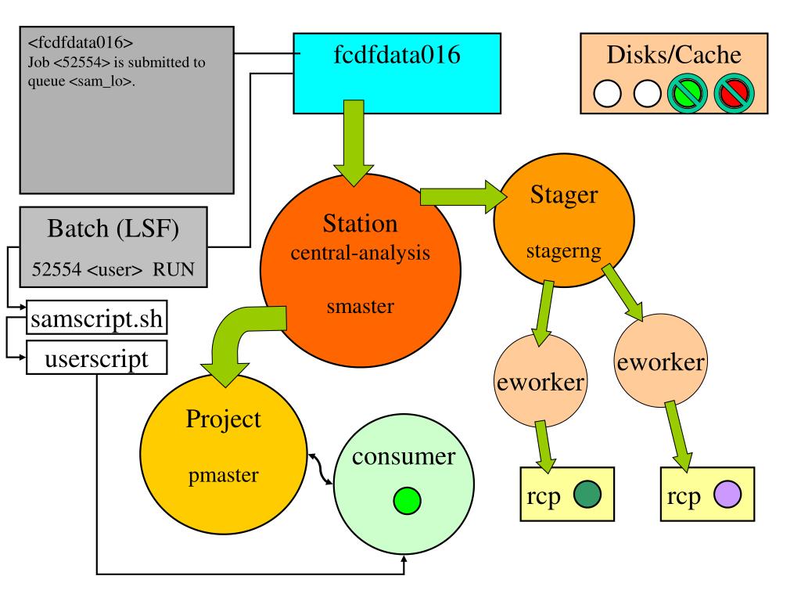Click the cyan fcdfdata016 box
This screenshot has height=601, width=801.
point(397,73)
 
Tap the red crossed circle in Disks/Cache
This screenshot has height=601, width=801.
point(734,94)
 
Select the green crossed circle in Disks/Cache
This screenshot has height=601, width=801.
point(688,94)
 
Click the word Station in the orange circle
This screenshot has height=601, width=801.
point(360,223)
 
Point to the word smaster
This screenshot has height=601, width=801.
point(360,306)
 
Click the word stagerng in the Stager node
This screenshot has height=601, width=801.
point(563,251)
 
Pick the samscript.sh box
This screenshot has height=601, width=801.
point(96,318)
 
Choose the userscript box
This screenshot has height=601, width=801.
point(96,358)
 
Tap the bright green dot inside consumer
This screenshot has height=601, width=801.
point(407,500)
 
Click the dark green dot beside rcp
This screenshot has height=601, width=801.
point(587,495)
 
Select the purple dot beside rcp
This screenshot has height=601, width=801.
point(727,495)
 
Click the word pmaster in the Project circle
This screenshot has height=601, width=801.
point(223,476)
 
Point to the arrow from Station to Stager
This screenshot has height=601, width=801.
point(463,196)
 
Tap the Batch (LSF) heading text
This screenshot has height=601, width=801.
point(113,229)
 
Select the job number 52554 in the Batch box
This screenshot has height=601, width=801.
point(56,269)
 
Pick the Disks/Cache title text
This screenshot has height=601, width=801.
point(673,55)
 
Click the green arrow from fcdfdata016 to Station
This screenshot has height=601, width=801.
point(354,143)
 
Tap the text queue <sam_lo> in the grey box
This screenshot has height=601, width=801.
point(81,81)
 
